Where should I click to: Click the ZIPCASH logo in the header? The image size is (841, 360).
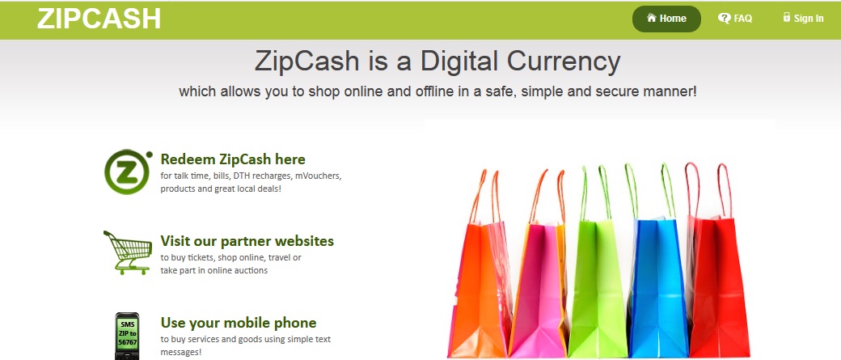point(99,19)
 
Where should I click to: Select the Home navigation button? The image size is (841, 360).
point(666,19)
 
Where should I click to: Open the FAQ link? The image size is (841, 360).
point(735,19)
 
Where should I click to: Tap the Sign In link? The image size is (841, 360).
point(803,19)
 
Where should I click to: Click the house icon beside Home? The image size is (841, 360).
point(652,18)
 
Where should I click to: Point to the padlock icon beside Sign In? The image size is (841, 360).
point(787,17)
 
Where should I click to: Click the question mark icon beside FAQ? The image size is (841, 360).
point(724,19)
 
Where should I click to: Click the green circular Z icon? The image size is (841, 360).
point(128,172)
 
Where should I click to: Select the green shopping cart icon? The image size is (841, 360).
point(128,252)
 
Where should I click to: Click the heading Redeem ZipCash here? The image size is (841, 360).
point(233,159)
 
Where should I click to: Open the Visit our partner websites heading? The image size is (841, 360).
point(247,241)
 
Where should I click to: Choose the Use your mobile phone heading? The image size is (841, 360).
point(239,323)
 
